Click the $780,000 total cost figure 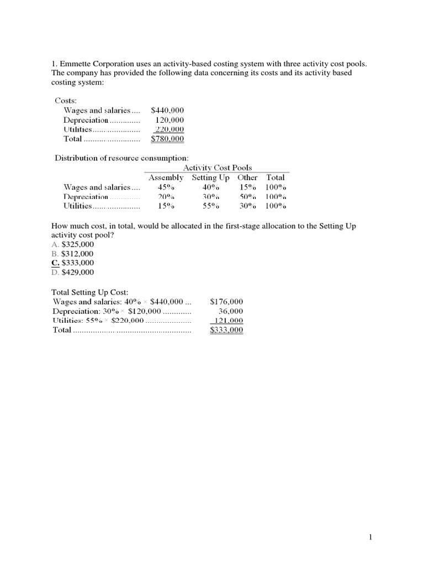[167, 139]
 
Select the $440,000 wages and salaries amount [167, 111]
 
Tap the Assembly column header [166, 177]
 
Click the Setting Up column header [211, 177]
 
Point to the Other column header [247, 177]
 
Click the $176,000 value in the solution [226, 302]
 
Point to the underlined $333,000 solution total [226, 330]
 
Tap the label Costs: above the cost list [66, 101]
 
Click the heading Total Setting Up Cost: [93, 292]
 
